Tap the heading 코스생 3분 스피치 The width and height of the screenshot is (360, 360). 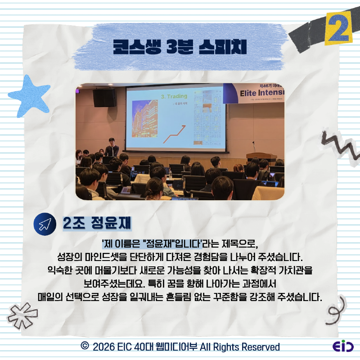(180, 46)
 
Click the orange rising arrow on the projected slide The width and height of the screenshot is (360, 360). (176, 132)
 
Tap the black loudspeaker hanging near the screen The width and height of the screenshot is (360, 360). (104, 98)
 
